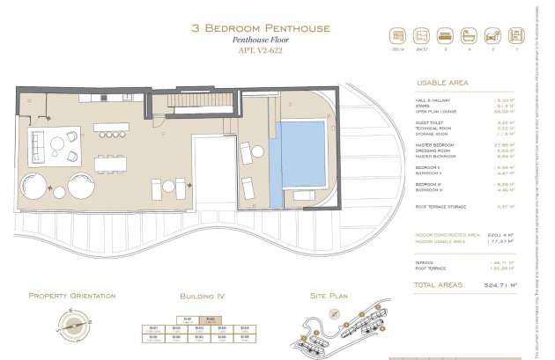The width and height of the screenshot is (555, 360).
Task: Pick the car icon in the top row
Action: point(492,38)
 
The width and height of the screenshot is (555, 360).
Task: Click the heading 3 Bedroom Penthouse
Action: point(261,28)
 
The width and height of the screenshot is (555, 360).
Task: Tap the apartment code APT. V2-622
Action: point(261,52)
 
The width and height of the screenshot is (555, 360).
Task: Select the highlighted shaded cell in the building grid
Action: point(209,320)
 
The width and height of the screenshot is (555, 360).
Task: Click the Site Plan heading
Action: point(329,297)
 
